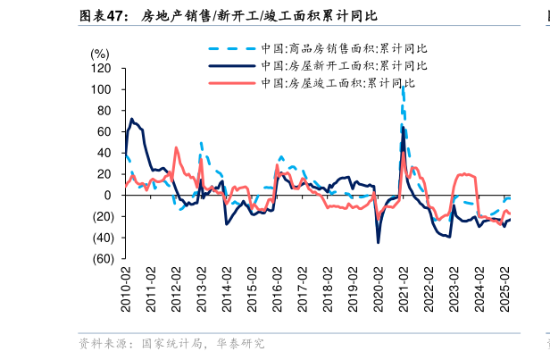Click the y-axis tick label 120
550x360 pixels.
(101, 69)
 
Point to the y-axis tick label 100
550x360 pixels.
(101, 90)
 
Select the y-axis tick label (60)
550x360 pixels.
(100, 259)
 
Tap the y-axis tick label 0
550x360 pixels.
(108, 196)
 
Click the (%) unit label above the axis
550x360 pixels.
(100, 54)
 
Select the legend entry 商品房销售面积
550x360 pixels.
(343, 48)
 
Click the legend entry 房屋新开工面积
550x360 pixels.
(343, 65)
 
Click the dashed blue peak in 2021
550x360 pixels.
(404, 88)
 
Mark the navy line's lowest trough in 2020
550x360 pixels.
(379, 241)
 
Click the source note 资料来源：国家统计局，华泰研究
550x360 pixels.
(171, 343)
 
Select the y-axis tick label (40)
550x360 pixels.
(100, 238)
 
